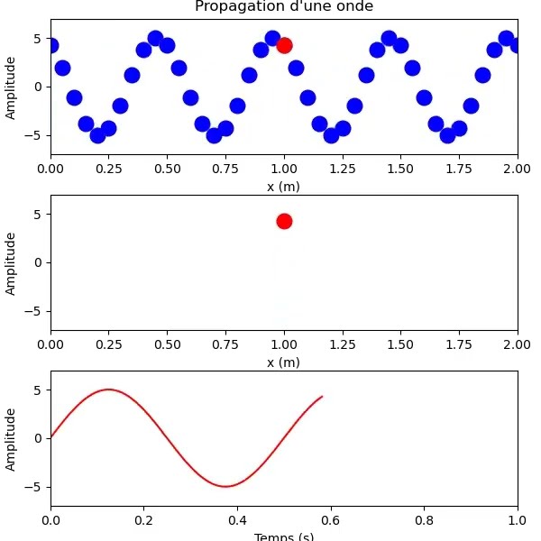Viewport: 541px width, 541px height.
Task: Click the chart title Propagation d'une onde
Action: tap(284, 7)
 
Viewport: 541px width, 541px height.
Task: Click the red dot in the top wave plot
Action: tap(284, 45)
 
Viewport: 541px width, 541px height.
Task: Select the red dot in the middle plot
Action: tap(284, 221)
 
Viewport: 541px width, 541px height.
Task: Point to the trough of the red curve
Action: tap(225, 486)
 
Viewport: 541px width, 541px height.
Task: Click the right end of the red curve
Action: tap(322, 397)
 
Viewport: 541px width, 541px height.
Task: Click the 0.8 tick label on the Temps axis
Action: tap(425, 520)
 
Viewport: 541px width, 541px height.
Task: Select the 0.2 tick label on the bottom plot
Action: tap(144, 520)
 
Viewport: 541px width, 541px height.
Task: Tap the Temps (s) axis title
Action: tap(284, 536)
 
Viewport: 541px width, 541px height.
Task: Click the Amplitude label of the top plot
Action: tap(11, 87)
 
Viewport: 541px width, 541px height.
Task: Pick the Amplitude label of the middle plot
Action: tap(11, 263)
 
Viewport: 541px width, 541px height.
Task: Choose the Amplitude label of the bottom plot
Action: tap(11, 439)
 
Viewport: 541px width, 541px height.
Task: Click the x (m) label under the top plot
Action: tap(284, 187)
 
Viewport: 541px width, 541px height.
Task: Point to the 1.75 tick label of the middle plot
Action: tap(459, 345)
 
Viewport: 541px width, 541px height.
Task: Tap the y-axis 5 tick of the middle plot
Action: tap(40, 215)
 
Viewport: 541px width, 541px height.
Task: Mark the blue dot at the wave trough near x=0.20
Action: tap(97, 135)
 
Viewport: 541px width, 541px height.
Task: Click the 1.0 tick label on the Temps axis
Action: tap(518, 520)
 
